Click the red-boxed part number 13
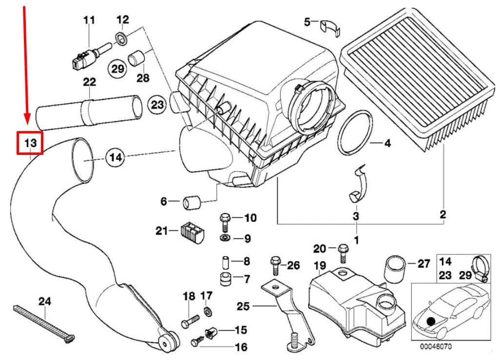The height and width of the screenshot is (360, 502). [30, 143]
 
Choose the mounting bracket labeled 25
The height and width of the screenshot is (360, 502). [283, 312]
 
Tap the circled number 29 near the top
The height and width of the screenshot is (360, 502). [116, 69]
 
